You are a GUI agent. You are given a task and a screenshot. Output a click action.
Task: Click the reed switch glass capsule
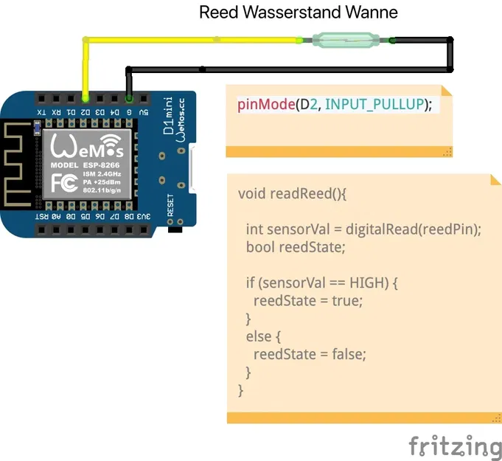pyautogui.click(x=346, y=40)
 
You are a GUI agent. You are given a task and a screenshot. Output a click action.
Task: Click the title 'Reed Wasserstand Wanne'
pyautogui.click(x=299, y=13)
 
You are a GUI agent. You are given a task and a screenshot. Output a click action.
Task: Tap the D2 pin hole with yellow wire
pyautogui.click(x=86, y=97)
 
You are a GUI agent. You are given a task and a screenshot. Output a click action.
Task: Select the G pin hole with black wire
pyautogui.click(x=130, y=97)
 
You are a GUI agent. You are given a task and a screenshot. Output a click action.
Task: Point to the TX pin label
pyautogui.click(x=42, y=112)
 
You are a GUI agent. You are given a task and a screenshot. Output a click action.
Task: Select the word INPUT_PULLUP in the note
pyautogui.click(x=375, y=104)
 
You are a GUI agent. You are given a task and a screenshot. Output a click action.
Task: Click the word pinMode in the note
pyautogui.click(x=265, y=104)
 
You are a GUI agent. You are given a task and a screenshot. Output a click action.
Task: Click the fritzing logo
pyautogui.click(x=455, y=446)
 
